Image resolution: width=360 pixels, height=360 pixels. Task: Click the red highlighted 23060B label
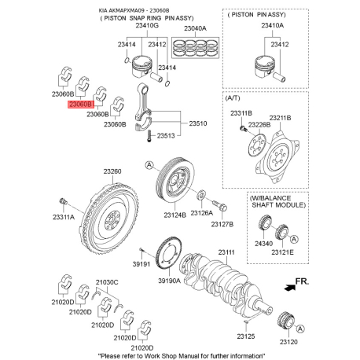(x=81, y=104)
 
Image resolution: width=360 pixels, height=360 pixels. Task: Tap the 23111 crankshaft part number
(x=226, y=252)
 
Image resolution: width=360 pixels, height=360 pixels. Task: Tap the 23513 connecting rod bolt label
(x=165, y=135)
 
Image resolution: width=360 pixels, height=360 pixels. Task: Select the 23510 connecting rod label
(x=197, y=123)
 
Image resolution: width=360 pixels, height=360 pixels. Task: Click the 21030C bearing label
(x=106, y=281)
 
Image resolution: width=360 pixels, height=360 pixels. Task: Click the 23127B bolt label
(x=222, y=224)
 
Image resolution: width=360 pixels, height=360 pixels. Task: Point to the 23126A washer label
(x=202, y=212)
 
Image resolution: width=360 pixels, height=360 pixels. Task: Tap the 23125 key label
(x=247, y=335)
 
